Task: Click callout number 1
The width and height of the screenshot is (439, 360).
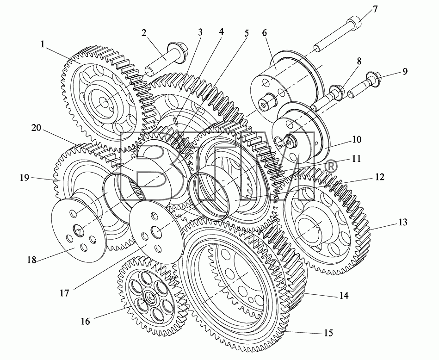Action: click(x=43, y=44)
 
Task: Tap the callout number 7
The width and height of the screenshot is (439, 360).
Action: click(x=375, y=9)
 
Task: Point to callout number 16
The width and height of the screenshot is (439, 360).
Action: click(x=86, y=321)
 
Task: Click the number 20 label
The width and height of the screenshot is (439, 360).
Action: click(x=36, y=128)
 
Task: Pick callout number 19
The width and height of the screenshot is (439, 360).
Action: click(x=25, y=177)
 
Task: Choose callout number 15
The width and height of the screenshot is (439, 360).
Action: click(x=328, y=333)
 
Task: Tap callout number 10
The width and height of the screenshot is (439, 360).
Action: click(x=356, y=139)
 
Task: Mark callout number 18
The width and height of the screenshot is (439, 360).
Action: click(x=31, y=260)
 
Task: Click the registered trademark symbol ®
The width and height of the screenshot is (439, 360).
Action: click(x=331, y=167)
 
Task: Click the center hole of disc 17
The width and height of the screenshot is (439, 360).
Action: click(x=156, y=232)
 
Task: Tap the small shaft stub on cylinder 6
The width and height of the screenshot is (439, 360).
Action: click(x=266, y=103)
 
